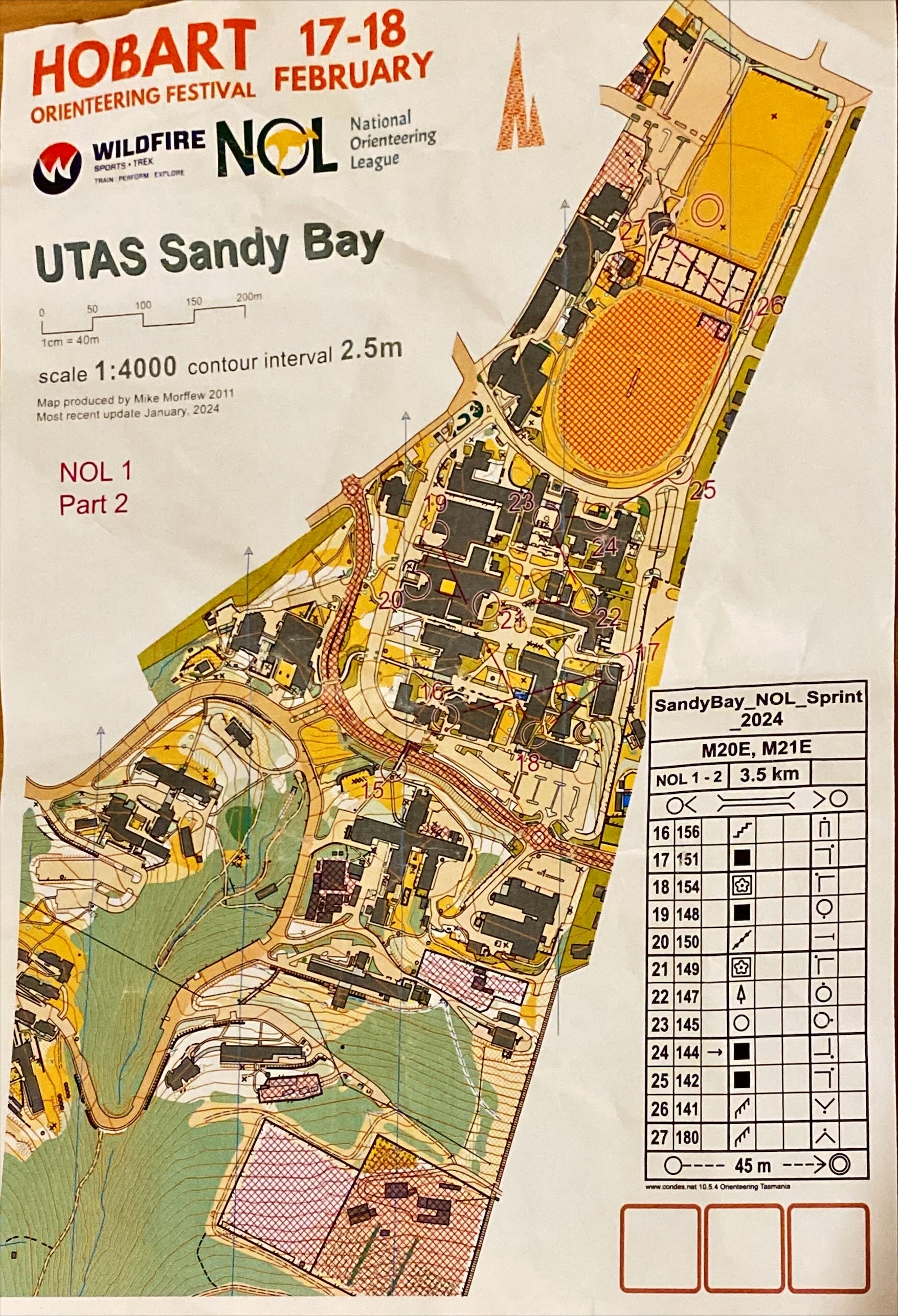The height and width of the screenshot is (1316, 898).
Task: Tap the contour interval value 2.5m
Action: point(371,349)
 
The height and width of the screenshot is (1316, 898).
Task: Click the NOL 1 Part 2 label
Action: point(95,487)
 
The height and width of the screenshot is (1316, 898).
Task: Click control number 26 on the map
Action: point(768,306)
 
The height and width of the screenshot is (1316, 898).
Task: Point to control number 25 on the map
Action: point(703,490)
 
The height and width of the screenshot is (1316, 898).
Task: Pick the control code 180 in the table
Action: point(688,1136)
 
